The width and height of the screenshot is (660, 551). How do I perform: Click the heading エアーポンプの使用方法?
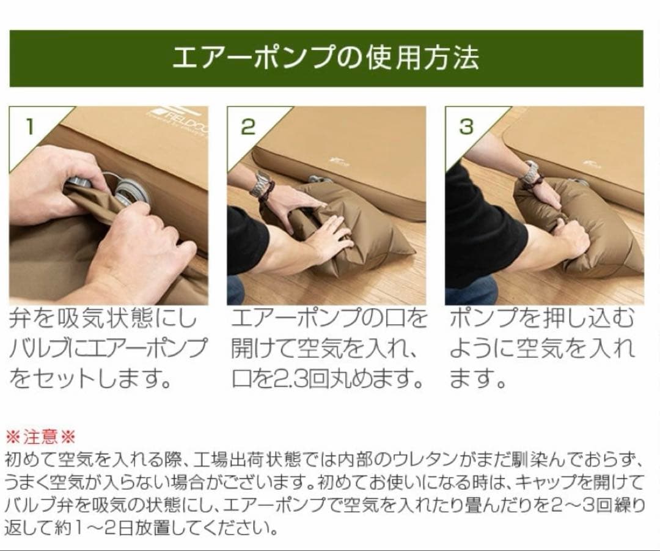click(x=326, y=58)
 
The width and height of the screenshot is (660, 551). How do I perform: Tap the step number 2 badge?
click(x=248, y=127)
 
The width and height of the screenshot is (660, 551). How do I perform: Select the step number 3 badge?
click(x=466, y=127)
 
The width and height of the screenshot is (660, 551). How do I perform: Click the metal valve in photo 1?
click(x=131, y=191)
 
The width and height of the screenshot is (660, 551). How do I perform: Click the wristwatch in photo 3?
click(x=530, y=172)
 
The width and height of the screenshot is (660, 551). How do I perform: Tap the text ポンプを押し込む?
click(x=541, y=319)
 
